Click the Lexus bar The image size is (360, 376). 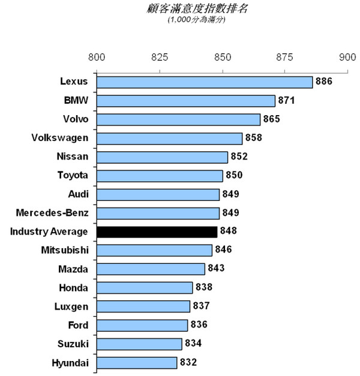coord(204,82)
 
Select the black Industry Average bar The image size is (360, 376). coord(157,231)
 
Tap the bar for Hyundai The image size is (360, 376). coord(137,362)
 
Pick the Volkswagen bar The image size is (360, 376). coord(169,139)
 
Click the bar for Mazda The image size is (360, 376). coord(151,269)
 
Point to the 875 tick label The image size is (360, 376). coord(284,58)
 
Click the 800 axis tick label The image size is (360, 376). coord(97,58)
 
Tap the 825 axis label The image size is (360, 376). coord(160,58)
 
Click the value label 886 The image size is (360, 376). coord(324,81)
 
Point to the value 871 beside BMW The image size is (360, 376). coord(286,100)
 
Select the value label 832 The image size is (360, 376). coord(188,362)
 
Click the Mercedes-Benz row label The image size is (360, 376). coord(53,213)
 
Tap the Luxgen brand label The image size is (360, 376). coord(71,306)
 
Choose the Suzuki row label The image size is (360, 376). coord(73,344)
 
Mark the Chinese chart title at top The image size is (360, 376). coord(179,9)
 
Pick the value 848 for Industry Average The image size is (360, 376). coord(229,231)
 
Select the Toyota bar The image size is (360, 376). coord(160,176)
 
